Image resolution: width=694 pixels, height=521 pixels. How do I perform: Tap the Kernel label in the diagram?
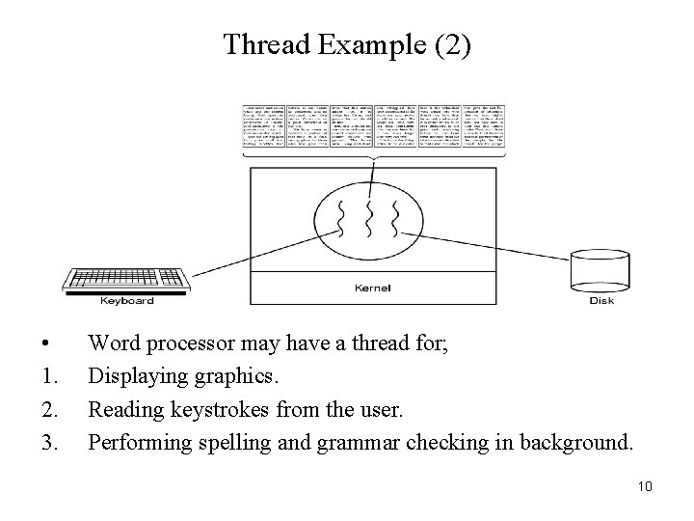pos(373,288)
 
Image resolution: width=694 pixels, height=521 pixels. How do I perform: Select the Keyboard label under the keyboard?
pos(127,301)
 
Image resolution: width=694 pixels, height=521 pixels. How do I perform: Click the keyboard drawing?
pos(126,277)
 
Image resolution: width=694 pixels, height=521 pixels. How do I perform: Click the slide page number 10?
pos(645,486)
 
